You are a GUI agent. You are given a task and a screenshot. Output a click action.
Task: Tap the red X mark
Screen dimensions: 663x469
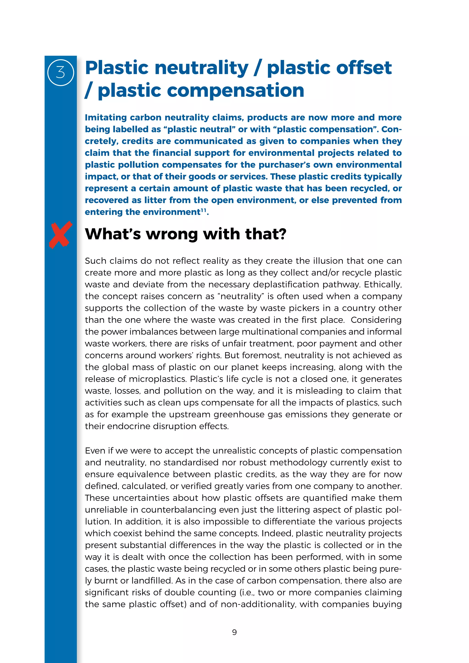click(x=60, y=234)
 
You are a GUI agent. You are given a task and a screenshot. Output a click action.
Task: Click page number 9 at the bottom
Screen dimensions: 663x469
click(x=234, y=632)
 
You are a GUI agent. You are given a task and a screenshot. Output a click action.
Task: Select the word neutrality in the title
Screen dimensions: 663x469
click(x=201, y=68)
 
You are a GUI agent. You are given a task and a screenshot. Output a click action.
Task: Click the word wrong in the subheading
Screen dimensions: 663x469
click(x=172, y=234)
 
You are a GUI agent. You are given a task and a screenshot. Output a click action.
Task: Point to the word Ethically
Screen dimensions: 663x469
click(x=382, y=284)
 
